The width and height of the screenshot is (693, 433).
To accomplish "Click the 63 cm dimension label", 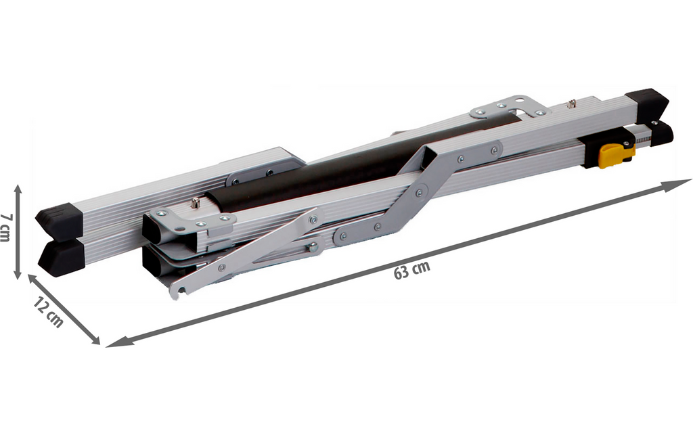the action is coord(412,270).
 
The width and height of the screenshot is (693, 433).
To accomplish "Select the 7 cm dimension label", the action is coord(5,227).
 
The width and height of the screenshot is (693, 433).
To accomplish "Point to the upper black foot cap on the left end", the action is coord(60,220).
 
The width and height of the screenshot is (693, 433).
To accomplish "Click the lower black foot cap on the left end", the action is coord(62,258).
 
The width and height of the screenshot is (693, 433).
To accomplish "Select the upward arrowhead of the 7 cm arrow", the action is coord(18,190).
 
